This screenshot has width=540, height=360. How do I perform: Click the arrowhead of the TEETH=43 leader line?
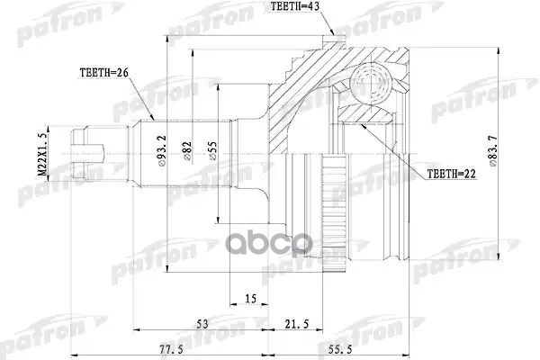coord(335,36)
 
